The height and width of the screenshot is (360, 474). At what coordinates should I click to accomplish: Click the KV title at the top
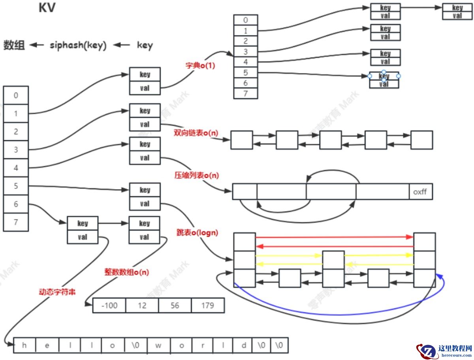point(47,8)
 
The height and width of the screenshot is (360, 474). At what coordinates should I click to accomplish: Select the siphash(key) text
point(78,45)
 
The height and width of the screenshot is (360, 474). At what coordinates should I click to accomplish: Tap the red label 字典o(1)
point(200,66)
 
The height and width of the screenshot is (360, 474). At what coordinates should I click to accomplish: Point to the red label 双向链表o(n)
point(196,133)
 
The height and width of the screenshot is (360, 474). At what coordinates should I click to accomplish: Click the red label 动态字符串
point(57,292)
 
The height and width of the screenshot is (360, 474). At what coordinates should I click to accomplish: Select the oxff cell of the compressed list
point(420,192)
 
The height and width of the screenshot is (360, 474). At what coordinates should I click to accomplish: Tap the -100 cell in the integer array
point(109,305)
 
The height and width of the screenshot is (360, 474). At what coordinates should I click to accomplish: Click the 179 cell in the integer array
point(207,305)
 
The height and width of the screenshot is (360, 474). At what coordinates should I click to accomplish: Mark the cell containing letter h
point(24,345)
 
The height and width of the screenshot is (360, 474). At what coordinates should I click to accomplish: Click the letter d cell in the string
point(244,345)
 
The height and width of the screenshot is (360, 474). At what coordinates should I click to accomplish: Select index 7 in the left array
point(16,222)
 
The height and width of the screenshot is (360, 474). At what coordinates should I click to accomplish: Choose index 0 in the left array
point(16,95)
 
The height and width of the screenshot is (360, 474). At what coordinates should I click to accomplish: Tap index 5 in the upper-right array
point(245,73)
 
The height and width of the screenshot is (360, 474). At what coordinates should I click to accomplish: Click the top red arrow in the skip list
point(334,237)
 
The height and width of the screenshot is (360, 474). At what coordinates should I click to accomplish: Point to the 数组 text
point(14,45)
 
